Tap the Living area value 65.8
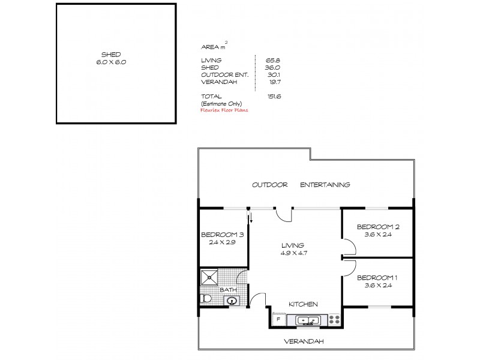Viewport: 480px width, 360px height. coord(273,60)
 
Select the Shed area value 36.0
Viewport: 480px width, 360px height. coord(273,68)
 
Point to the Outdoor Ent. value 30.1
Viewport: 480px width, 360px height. coord(274,75)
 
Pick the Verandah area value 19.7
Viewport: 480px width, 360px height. coord(274,82)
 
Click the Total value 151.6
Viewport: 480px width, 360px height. coord(274,96)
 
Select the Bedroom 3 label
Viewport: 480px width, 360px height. coord(223,238)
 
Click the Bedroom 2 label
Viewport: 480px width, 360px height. coord(378,230)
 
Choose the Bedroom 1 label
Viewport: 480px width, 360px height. coord(377,282)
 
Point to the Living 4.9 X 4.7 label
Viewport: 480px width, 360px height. coord(294,249)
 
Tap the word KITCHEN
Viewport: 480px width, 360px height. coord(303,304)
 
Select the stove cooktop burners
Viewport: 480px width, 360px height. coord(334,319)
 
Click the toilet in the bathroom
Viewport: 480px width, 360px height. coord(205,298)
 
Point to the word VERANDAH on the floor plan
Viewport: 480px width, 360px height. coord(305,341)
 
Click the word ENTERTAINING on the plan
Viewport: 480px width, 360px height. coord(325,185)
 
